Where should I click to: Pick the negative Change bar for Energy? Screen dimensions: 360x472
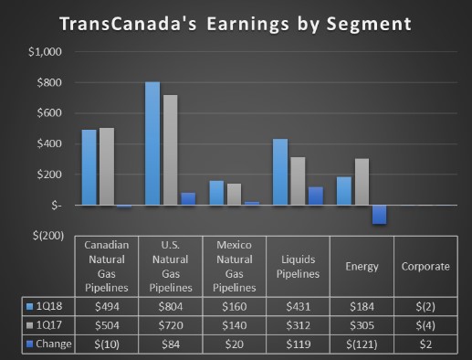tap(378, 214)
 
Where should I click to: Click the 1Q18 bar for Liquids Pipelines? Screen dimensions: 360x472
tap(280, 172)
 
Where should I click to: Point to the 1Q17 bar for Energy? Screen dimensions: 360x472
tap(361, 182)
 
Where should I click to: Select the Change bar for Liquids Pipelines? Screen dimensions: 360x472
tap(315, 196)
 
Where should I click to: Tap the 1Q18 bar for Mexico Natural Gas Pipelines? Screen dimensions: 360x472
tap(216, 193)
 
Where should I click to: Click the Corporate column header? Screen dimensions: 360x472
tap(425, 266)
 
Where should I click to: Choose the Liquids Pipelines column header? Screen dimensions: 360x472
tap(298, 266)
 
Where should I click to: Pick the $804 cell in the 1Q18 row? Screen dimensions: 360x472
tap(170, 304)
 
